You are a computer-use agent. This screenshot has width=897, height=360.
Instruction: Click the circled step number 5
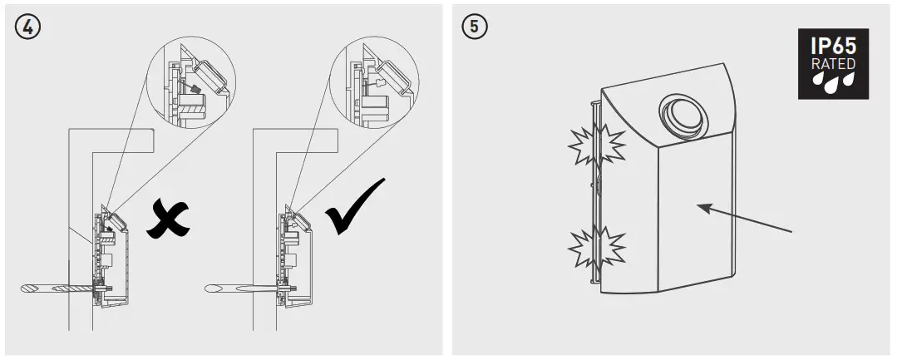(474, 26)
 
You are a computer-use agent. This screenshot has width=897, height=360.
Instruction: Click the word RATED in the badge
(832, 64)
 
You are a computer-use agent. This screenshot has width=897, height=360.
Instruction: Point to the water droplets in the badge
(832, 82)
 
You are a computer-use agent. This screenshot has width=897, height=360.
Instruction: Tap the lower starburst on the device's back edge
(596, 247)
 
